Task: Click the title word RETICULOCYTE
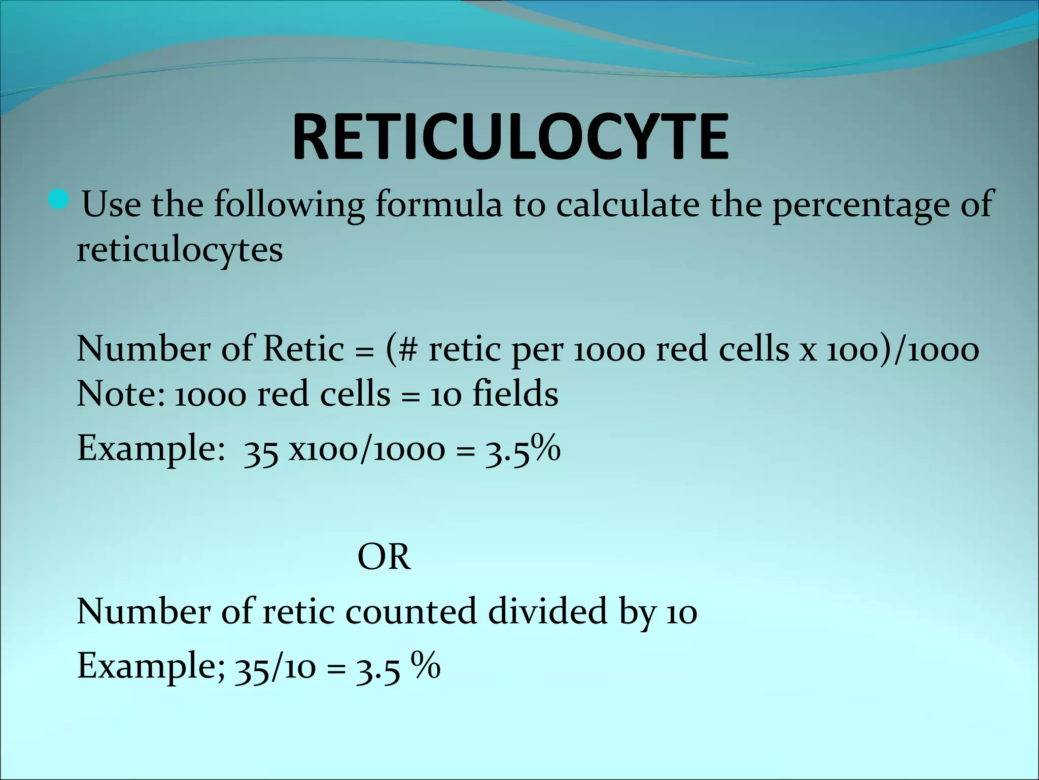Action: tap(510, 138)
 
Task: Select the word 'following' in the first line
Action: tap(289, 205)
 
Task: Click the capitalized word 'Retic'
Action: tap(303, 349)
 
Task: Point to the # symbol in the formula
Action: tap(409, 349)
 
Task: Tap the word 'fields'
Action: tap(515, 394)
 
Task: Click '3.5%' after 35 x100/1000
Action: tap(523, 449)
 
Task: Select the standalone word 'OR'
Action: tap(384, 558)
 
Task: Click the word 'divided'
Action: tap(548, 611)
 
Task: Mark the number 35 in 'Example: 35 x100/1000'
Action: tap(260, 451)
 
